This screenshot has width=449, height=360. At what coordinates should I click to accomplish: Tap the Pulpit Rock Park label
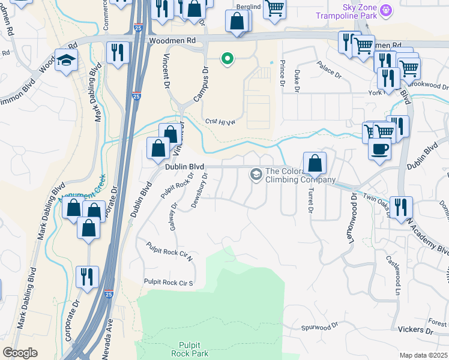[x=194, y=349]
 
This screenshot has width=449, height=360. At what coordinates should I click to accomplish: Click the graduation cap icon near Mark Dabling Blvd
[x=66, y=61]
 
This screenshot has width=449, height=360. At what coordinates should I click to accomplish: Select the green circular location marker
[x=228, y=59]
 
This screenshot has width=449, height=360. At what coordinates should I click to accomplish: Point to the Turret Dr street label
[x=311, y=202]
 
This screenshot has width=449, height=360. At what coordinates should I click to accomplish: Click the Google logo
[x=20, y=353]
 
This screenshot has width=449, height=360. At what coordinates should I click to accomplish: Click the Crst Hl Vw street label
[x=218, y=120]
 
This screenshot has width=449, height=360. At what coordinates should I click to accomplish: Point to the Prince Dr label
[x=282, y=76]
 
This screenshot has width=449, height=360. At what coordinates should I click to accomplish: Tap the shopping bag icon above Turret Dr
[x=315, y=163]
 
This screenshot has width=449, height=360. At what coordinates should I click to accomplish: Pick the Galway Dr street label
[x=175, y=214]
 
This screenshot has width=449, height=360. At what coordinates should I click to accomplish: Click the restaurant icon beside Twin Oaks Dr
[x=400, y=207]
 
